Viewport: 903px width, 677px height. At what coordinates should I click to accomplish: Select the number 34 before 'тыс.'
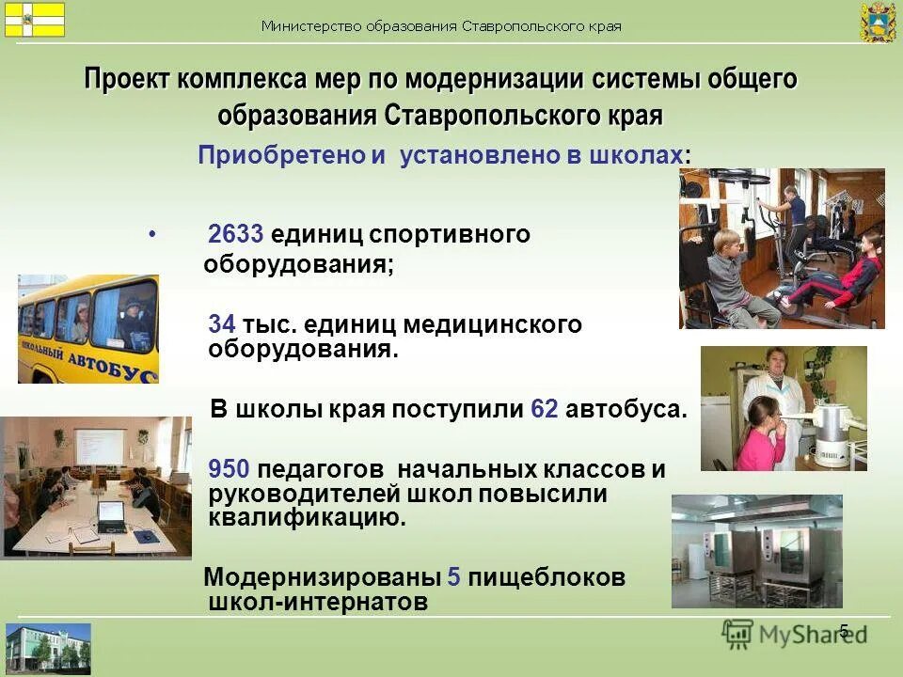pos(222,324)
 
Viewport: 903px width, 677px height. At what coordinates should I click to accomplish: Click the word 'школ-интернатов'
pos(318,601)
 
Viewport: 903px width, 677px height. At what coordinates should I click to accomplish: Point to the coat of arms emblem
pos(878,23)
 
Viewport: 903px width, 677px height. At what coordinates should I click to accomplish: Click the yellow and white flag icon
pos(34,19)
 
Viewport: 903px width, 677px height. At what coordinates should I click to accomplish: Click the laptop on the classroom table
pos(111,512)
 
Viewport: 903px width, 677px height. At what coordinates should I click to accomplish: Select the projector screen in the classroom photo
pos(99,449)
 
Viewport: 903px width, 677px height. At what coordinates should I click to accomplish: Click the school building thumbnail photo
pos(49,648)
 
